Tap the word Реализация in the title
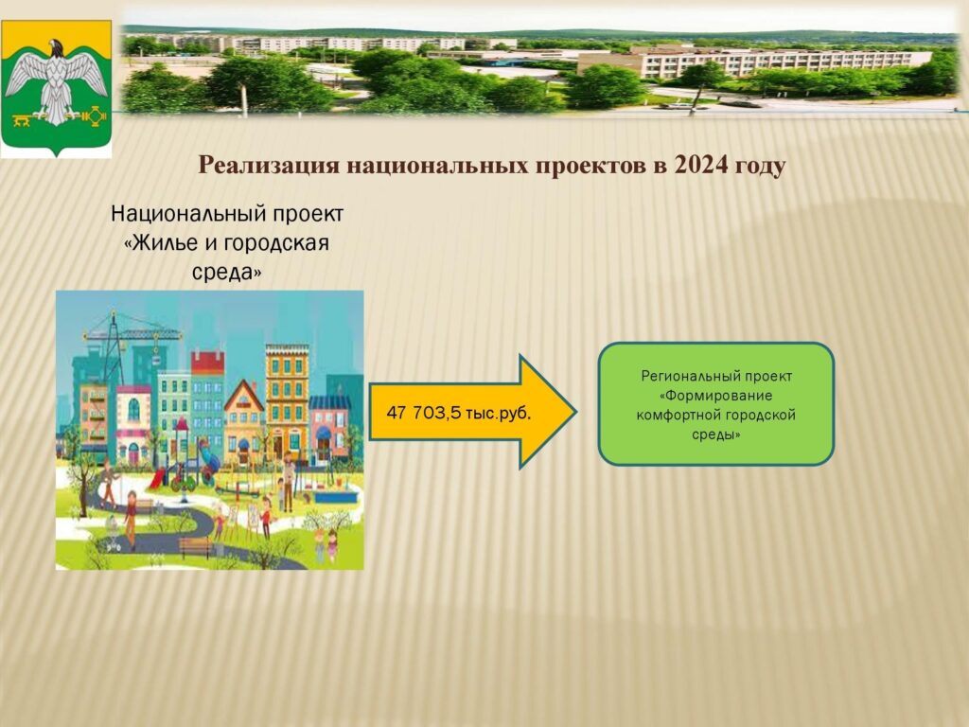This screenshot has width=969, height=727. [x=269, y=167]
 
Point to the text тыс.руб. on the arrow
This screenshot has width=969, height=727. [x=498, y=413]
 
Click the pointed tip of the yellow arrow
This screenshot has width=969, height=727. [x=576, y=412]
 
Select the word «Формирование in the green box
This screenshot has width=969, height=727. [x=715, y=396]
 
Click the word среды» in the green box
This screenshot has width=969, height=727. [x=715, y=434]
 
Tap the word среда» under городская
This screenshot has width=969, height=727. [x=227, y=272]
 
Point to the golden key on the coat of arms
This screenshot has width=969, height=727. [x=23, y=120]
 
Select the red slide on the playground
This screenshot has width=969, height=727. [x=157, y=477]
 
